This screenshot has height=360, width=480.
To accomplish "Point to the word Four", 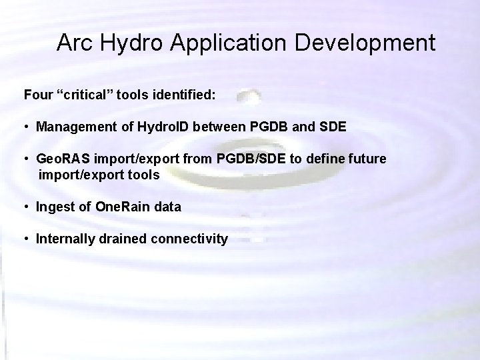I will point(37,95).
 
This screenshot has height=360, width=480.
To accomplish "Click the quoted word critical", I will point(84,95).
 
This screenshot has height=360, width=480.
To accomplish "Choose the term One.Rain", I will point(119,207).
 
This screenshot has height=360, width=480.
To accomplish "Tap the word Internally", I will point(67,239).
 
